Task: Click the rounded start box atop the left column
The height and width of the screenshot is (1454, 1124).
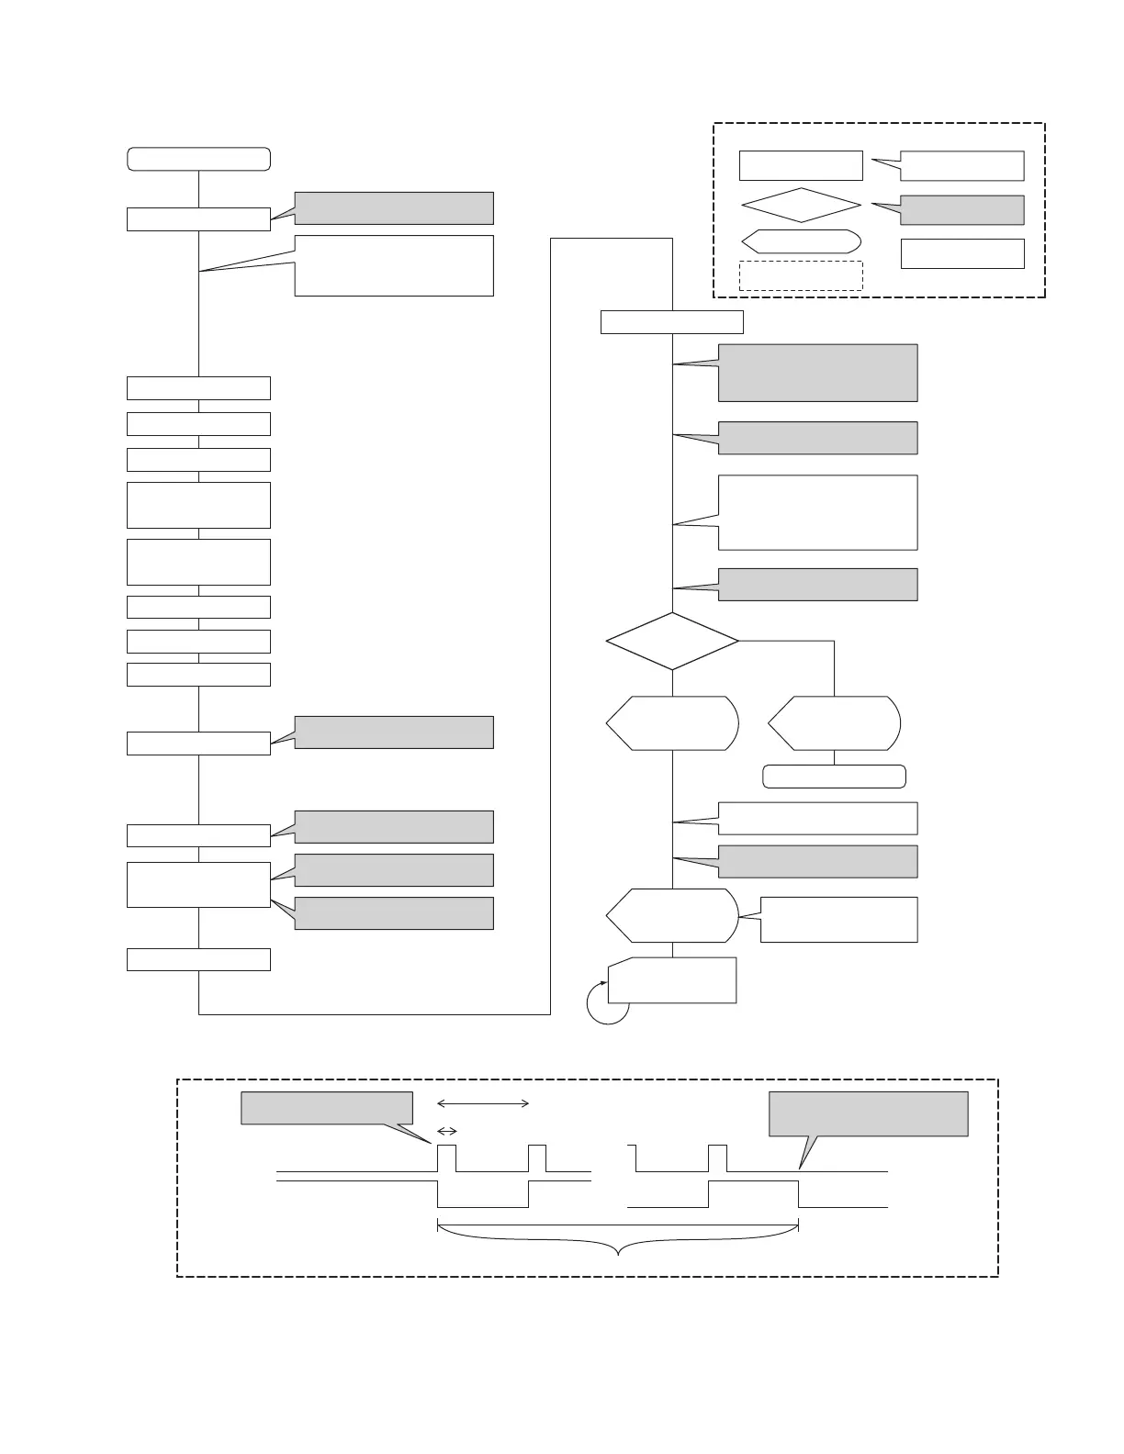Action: [x=198, y=159]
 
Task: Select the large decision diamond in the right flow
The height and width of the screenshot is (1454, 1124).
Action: [x=672, y=641]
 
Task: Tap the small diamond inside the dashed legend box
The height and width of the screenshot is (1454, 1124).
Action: [x=801, y=205]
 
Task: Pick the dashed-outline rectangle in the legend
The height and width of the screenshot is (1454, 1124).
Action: [x=801, y=275]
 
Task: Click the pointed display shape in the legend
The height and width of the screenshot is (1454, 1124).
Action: [x=801, y=241]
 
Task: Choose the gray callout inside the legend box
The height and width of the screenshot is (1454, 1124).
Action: [x=961, y=210]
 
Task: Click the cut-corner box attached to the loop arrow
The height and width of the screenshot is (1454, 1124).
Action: [x=672, y=980]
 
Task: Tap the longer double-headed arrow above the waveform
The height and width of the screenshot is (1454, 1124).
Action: [x=483, y=1103]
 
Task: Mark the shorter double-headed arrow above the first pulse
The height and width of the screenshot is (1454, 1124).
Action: [x=447, y=1131]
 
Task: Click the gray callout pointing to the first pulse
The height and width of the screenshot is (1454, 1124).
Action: [x=327, y=1108]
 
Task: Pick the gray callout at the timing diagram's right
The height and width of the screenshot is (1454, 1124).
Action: [x=868, y=1113]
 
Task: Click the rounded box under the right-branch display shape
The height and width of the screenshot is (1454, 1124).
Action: [x=834, y=777]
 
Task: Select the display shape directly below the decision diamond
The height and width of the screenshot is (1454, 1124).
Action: [x=672, y=723]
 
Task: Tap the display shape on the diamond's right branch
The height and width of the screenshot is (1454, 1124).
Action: [x=834, y=723]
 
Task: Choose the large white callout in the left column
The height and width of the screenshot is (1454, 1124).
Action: [x=394, y=265]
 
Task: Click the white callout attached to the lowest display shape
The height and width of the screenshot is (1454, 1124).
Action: [x=838, y=919]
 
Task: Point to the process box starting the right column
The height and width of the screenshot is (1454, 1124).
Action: [x=671, y=322]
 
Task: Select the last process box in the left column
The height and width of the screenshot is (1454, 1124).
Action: [x=198, y=959]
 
